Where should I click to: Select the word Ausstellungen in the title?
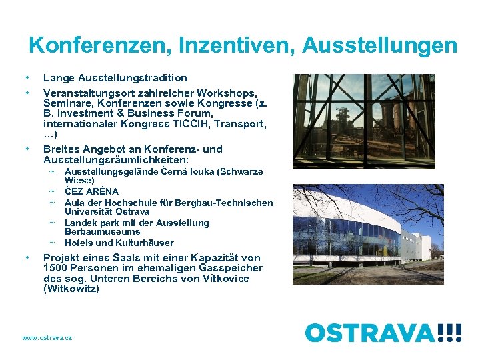pyautogui.click(x=380, y=45)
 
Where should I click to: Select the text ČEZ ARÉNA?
pyautogui.click(x=91, y=191)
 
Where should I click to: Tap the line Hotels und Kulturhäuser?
pyautogui.click(x=119, y=243)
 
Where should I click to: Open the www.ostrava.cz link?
pyautogui.click(x=47, y=338)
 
